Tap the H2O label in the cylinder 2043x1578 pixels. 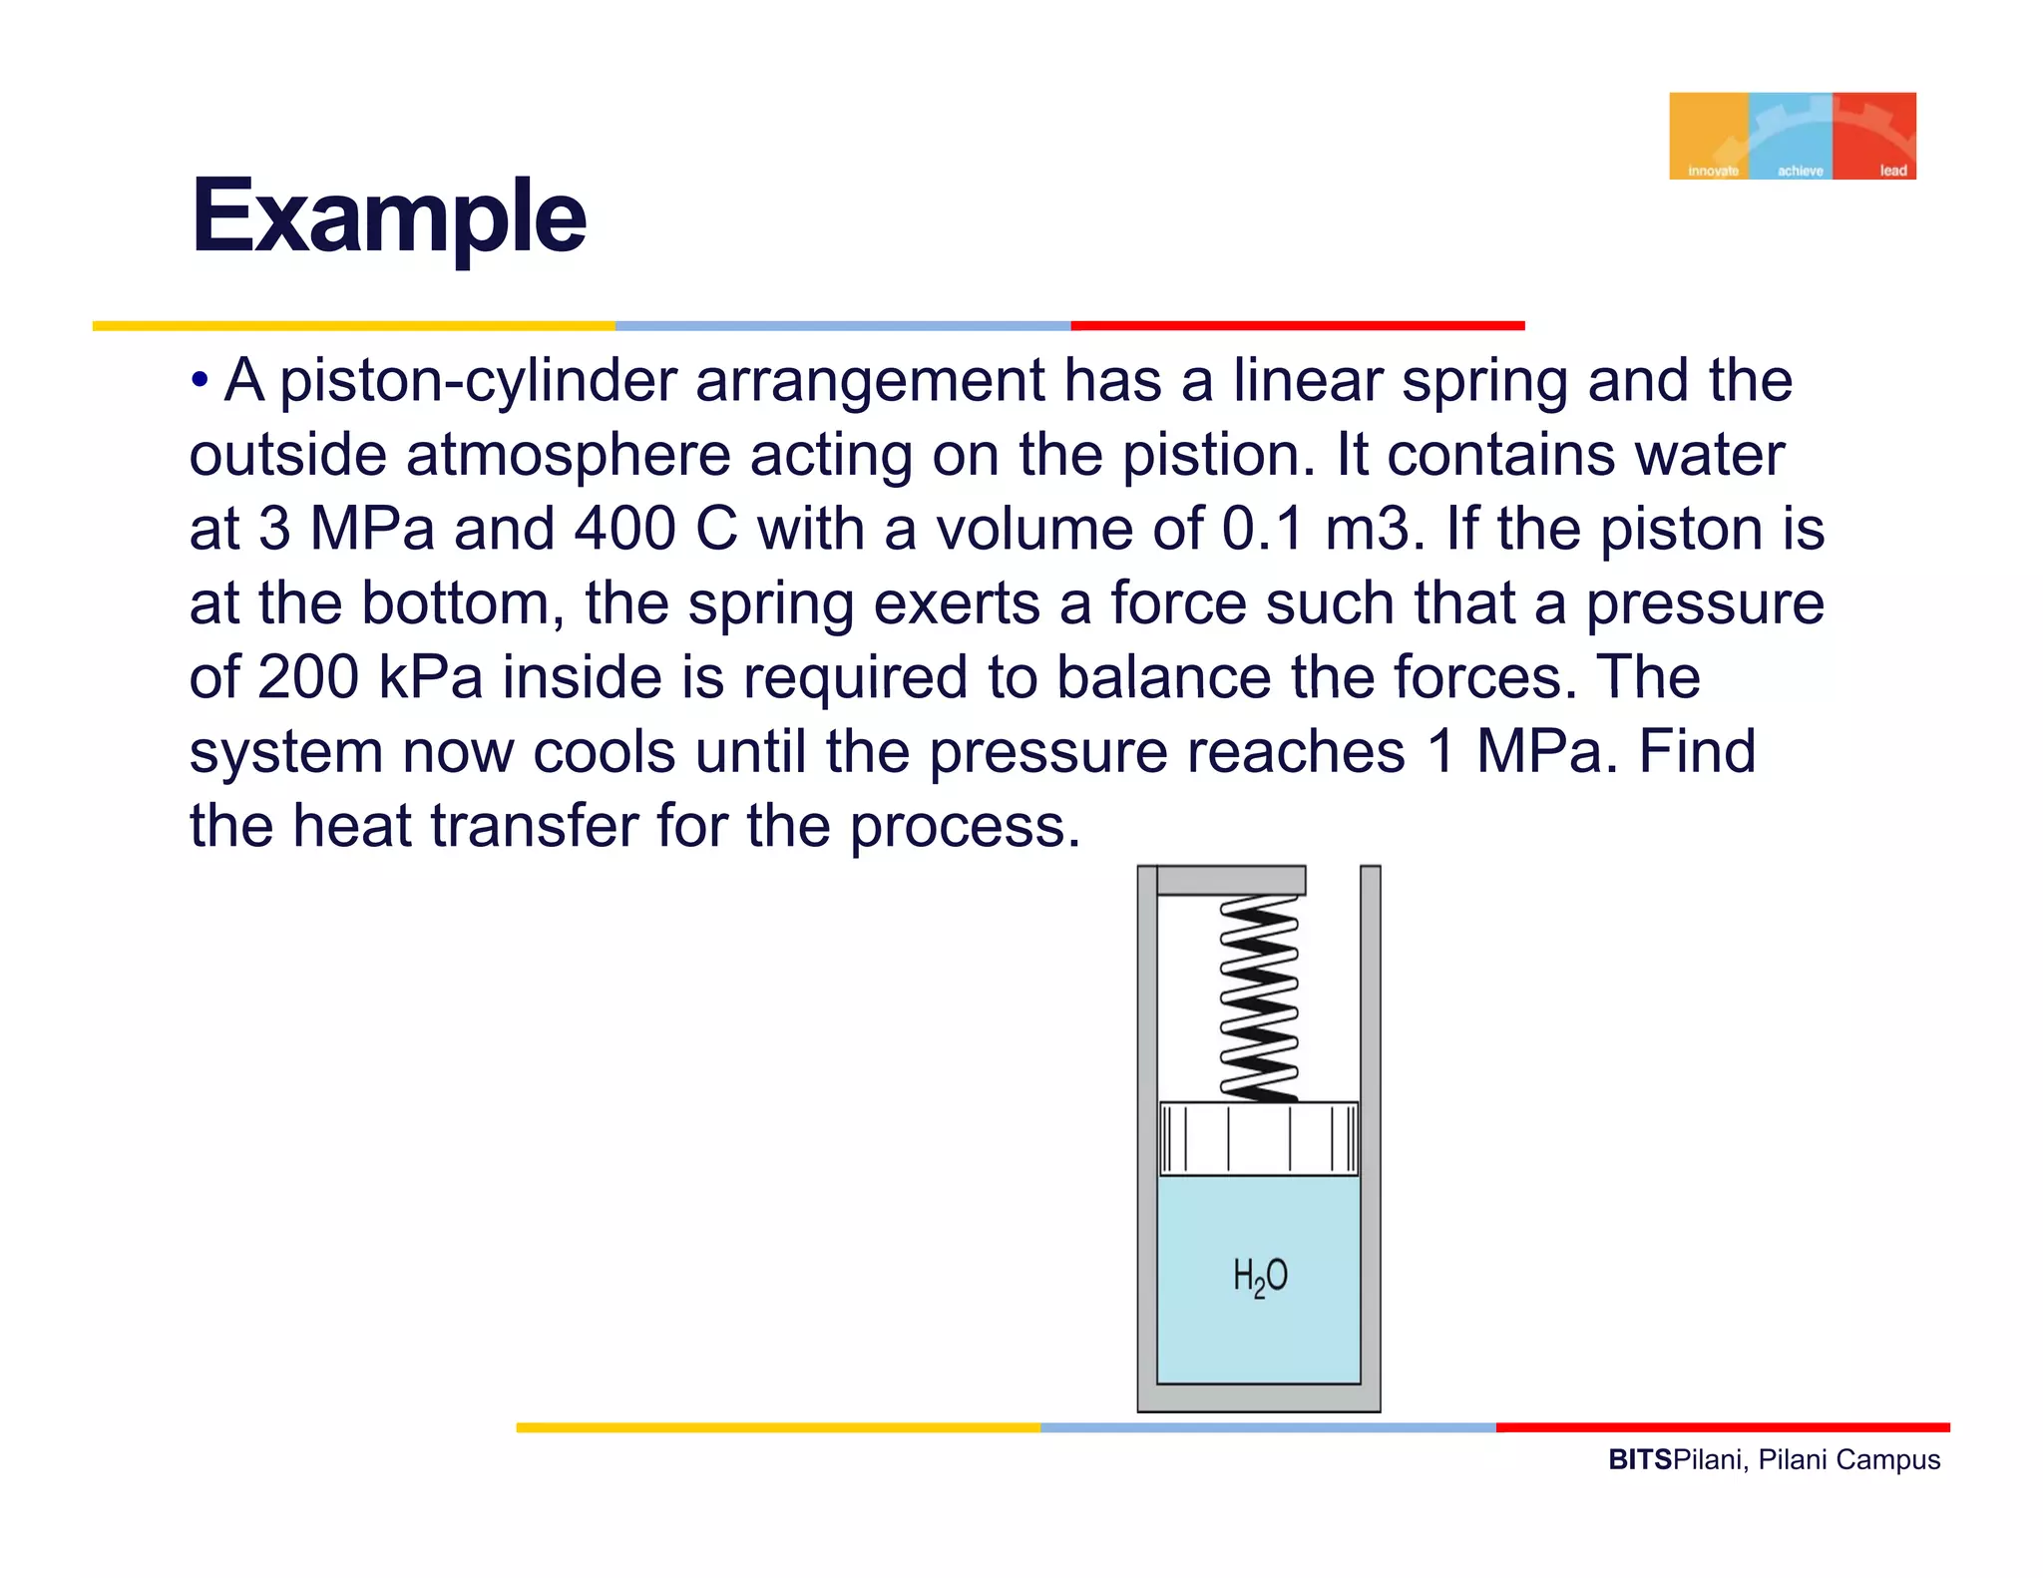coord(1260,1277)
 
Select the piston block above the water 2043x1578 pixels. coord(1259,1139)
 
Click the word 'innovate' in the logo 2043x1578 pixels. coord(1713,171)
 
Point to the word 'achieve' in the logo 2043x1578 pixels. coord(1800,171)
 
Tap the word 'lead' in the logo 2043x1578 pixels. coord(1892,171)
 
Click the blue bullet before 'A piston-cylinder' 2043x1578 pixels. coord(201,380)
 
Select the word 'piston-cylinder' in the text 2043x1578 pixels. coord(478,381)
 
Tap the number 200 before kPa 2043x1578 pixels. coord(307,677)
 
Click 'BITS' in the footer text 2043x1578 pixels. coord(1639,1460)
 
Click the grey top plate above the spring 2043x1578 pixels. coord(1231,880)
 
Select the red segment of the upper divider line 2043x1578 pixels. coord(1297,326)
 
